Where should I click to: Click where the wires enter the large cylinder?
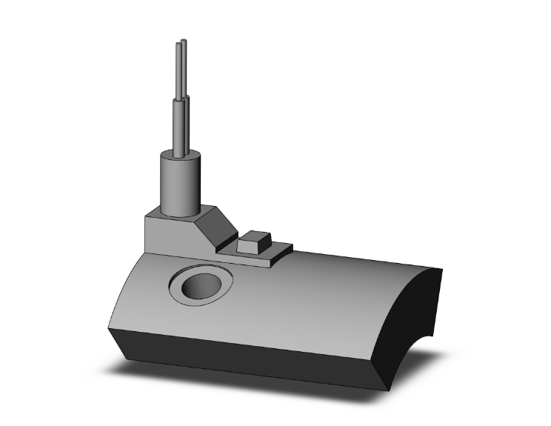click(x=182, y=155)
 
